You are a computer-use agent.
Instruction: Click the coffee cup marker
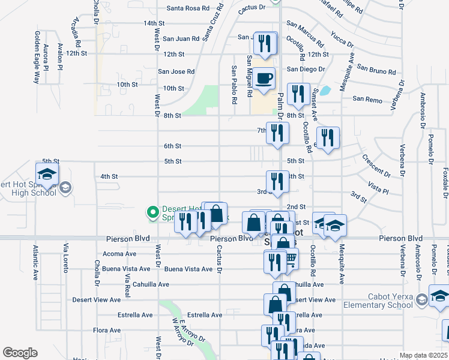(x=264, y=79)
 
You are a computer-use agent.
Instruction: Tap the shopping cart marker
(x=291, y=259)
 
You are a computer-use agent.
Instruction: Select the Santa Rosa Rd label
(x=188, y=8)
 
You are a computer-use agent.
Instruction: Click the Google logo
(x=20, y=353)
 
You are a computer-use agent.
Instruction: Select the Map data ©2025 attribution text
(x=423, y=355)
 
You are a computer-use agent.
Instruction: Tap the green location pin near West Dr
(x=152, y=212)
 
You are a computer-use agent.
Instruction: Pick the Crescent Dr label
(x=376, y=166)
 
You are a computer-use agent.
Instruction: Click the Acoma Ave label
(x=119, y=254)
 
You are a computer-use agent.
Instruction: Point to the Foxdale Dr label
(x=445, y=183)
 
